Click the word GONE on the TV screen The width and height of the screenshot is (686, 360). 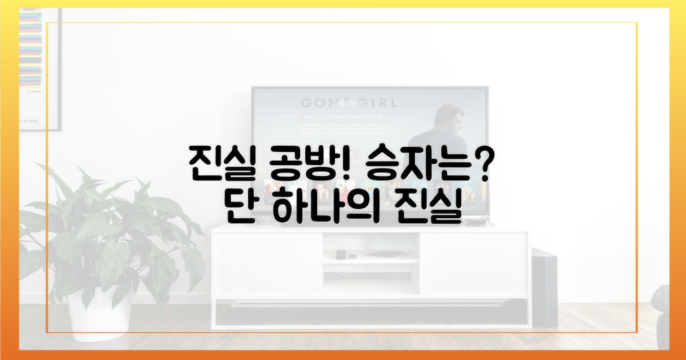click(325, 103)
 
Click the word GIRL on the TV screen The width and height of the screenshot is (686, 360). click(374, 103)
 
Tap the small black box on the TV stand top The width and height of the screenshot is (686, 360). click(473, 222)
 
